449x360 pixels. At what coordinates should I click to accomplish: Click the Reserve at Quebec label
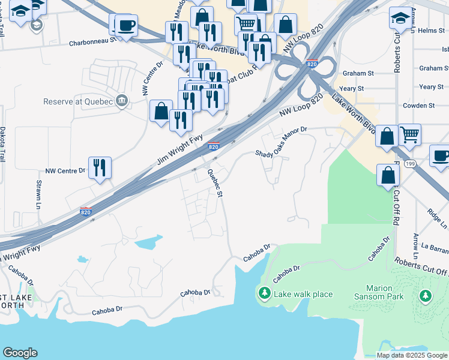[x=78, y=101]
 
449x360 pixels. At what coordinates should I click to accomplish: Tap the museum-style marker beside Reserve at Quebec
[x=122, y=100]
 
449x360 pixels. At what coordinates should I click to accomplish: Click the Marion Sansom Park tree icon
[x=426, y=295]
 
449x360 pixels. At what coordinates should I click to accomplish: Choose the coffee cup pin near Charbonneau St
[x=125, y=26]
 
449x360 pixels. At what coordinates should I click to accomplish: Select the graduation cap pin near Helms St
[x=400, y=18]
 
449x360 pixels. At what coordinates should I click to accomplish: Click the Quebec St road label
[x=215, y=182]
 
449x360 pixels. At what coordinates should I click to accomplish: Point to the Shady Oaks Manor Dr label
[x=281, y=142]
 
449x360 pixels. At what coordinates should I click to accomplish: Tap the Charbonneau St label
[x=92, y=43]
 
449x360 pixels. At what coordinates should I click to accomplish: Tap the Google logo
[x=20, y=353]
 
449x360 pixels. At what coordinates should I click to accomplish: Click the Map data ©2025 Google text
[x=411, y=355]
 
